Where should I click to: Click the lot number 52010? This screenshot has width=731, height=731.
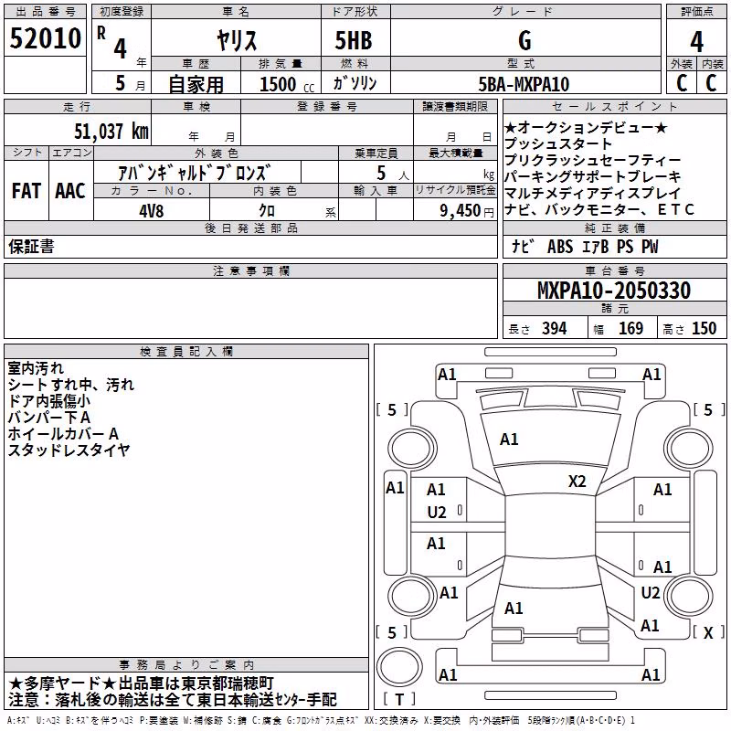coord(45,38)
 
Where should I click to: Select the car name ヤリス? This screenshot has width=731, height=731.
coord(237,40)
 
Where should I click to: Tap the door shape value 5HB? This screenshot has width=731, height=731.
coord(354,40)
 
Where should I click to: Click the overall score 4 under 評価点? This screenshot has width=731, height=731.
coord(696,42)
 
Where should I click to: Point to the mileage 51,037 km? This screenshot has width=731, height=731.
coord(111,132)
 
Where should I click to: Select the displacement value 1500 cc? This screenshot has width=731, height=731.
coord(287,84)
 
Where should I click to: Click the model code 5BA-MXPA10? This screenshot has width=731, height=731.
coord(524,84)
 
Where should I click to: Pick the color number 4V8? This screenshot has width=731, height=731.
coord(152,211)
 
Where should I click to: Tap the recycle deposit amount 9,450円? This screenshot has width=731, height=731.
coord(467,211)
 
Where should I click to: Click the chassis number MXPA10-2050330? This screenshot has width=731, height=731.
coord(614,291)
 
